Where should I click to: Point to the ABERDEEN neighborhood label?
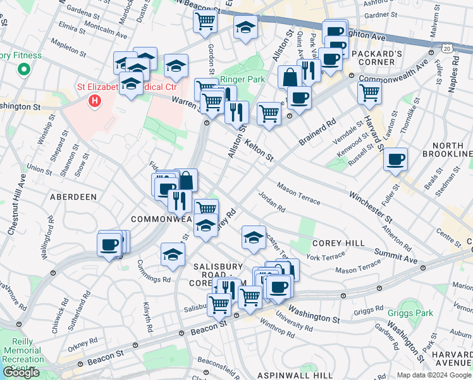click(x=74, y=197)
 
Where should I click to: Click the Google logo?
click(x=22, y=372)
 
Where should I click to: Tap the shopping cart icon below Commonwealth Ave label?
click(x=369, y=92)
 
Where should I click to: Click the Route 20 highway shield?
click(x=447, y=47)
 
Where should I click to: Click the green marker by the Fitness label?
click(x=24, y=70)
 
